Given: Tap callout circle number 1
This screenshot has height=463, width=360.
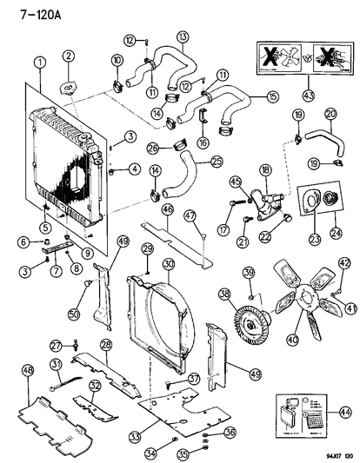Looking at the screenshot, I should click(x=40, y=62).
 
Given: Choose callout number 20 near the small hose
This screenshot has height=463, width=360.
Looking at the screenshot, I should click(x=331, y=114).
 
